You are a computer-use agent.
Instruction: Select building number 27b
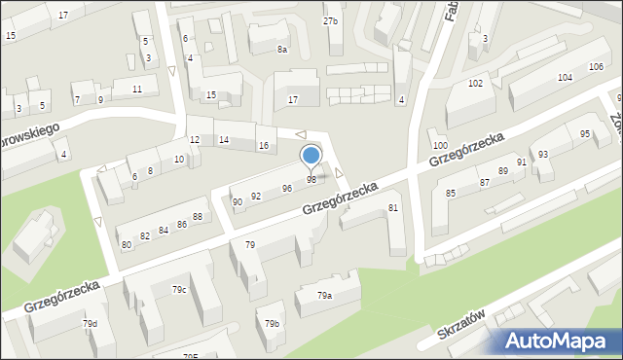click(x=331, y=20)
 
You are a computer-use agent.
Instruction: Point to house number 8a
click(x=282, y=49)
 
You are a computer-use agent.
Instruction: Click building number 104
click(x=565, y=77)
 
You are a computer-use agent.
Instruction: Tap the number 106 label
click(x=596, y=66)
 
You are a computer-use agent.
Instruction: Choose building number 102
click(x=475, y=84)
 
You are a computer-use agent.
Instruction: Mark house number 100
click(x=440, y=145)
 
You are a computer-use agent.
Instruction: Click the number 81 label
click(x=393, y=208)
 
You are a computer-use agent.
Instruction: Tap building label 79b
click(x=274, y=323)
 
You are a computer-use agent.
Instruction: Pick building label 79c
click(x=179, y=289)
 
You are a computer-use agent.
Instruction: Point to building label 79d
click(x=90, y=324)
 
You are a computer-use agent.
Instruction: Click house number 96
click(x=287, y=189)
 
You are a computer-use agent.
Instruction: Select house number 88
click(x=198, y=217)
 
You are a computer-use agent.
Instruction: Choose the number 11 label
click(x=137, y=90)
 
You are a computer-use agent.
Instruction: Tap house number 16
click(x=263, y=146)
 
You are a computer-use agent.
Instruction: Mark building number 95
click(x=585, y=134)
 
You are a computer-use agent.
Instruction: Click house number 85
click(x=451, y=194)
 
